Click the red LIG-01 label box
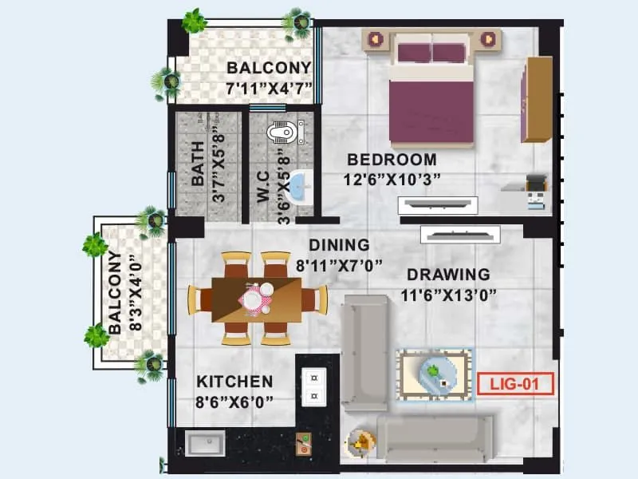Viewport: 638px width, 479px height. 514,384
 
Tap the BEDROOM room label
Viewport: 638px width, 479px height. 391,159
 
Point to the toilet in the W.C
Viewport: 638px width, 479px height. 286,130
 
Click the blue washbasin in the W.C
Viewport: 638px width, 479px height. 300,185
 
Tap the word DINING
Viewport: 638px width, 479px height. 339,245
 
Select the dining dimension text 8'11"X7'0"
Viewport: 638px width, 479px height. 339,264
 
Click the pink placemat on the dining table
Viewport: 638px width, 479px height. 256,300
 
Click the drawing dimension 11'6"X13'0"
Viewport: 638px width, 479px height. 449,295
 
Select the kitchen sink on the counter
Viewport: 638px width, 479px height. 206,442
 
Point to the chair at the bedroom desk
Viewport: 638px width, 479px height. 538,188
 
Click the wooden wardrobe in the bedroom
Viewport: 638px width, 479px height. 537,100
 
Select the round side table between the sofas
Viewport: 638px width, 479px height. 360,441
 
